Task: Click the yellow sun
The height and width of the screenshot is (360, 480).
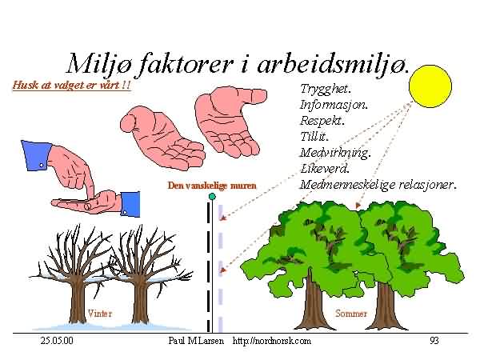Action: [x=430, y=86]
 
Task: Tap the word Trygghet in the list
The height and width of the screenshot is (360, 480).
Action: [x=325, y=89]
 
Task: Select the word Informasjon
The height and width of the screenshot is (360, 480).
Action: [x=334, y=105]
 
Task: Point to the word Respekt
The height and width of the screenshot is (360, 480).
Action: [x=322, y=120]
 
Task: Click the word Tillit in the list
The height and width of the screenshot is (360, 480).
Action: [x=314, y=136]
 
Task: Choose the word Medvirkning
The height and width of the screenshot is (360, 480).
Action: [x=335, y=153]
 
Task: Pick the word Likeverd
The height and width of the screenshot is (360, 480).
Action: [x=325, y=168]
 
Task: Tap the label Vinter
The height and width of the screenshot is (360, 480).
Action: [x=100, y=313]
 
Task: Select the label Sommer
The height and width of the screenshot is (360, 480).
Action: [x=351, y=313]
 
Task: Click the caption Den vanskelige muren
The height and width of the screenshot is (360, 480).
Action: [x=212, y=186]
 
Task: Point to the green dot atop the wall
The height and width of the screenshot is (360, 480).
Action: [x=212, y=196]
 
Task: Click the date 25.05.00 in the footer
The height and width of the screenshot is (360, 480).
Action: [x=57, y=341]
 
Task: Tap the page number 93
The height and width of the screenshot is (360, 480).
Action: [x=434, y=341]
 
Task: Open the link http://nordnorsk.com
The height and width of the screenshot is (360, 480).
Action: [x=271, y=341]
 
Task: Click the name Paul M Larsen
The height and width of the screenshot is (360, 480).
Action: [x=196, y=341]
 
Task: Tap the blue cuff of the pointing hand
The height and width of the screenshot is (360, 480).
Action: [x=36, y=155]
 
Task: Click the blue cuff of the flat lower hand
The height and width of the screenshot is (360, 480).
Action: [x=130, y=204]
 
